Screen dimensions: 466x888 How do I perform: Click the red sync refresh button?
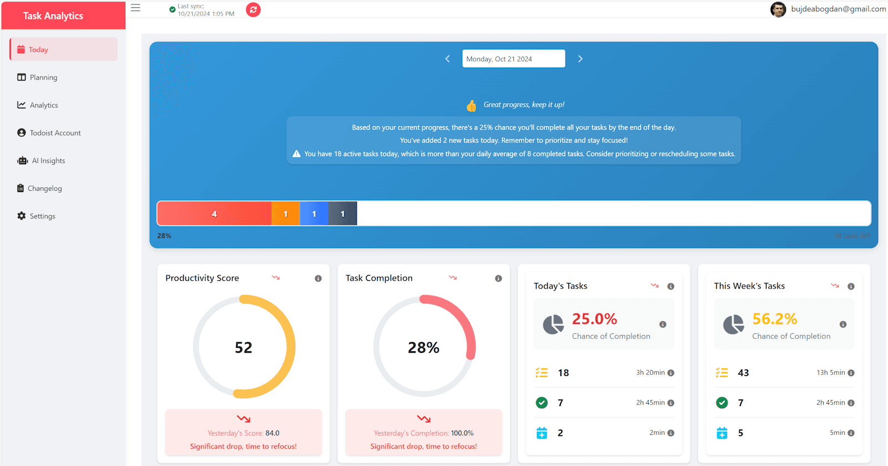click(253, 9)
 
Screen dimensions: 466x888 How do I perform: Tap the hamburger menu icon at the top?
click(135, 8)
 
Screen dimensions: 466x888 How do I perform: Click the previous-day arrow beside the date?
click(448, 59)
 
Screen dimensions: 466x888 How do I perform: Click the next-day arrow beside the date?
click(580, 59)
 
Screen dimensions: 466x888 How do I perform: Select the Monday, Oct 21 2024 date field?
click(513, 59)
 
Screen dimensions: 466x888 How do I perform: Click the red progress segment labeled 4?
click(214, 214)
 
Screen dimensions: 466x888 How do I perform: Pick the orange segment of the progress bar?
click(285, 214)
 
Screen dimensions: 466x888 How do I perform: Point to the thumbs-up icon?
click(471, 105)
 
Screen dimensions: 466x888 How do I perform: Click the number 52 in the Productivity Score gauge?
click(243, 347)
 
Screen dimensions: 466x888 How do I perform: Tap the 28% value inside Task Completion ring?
click(423, 348)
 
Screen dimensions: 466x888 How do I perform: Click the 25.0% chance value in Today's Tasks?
click(594, 319)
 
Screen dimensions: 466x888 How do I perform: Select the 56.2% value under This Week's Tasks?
click(774, 319)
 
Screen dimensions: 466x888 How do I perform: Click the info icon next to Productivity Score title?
click(318, 278)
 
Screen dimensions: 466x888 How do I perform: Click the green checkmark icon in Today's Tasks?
click(542, 403)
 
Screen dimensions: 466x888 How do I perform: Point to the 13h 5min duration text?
click(830, 373)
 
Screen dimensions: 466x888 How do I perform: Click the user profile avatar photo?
click(778, 9)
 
